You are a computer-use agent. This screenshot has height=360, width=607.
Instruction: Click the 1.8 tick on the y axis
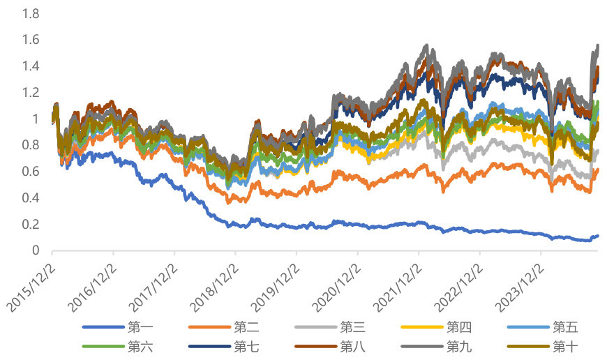tap(31, 14)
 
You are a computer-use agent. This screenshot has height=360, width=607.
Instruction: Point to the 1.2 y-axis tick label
tap(31, 93)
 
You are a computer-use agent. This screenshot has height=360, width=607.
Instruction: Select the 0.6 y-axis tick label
tap(31, 172)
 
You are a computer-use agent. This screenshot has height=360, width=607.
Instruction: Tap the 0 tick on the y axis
tap(36, 250)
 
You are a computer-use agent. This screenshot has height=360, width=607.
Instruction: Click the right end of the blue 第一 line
tap(598, 237)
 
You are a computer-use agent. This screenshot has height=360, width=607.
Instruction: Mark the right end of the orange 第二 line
tap(598, 170)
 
